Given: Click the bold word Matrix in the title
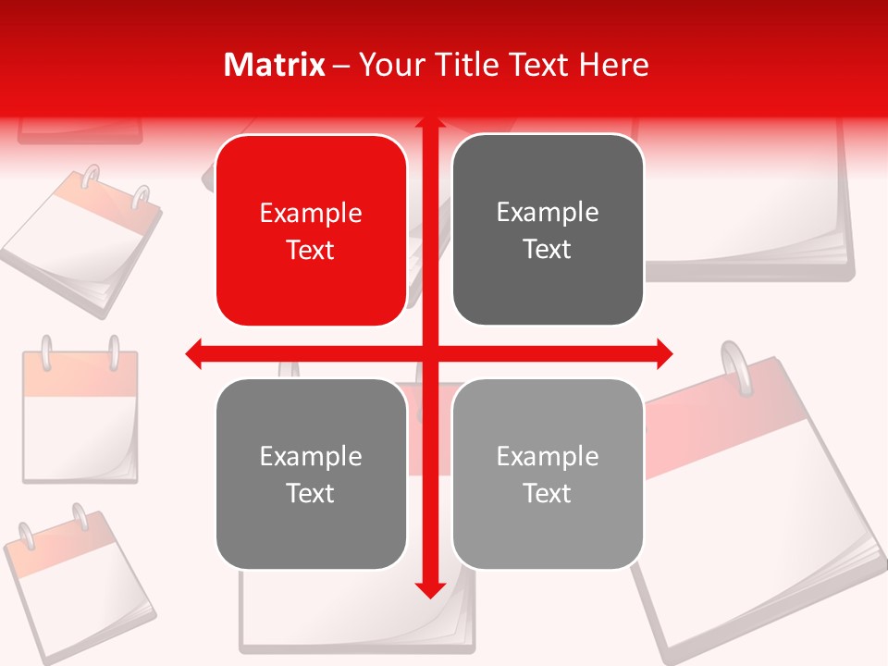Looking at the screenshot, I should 275,65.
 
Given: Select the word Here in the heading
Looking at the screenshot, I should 614,65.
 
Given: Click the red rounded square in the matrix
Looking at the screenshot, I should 311,231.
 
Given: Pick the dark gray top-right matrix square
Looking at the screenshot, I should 548,230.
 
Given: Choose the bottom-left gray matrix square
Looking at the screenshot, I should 311,474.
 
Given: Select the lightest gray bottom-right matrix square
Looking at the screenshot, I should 548,474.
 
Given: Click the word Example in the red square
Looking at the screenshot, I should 311,214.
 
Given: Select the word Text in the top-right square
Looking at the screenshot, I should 548,250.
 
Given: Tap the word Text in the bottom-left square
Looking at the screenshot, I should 311,493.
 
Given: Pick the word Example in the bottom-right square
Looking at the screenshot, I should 548,456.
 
